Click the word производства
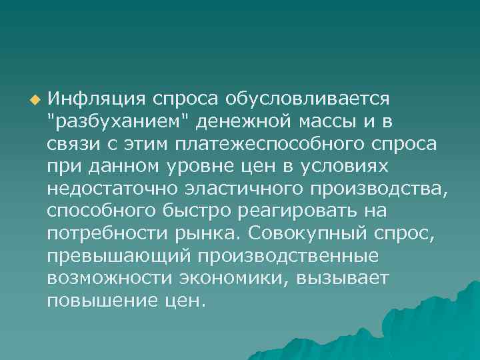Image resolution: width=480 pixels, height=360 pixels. [379, 189]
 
